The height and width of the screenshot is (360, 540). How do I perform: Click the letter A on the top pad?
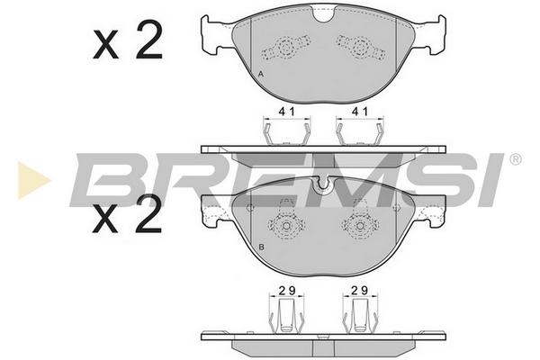[x=261, y=74]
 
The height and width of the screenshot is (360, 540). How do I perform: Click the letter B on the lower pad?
[x=261, y=247]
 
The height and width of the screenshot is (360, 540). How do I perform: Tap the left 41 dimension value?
[x=286, y=112]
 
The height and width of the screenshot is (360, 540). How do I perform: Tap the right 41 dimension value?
[x=360, y=112]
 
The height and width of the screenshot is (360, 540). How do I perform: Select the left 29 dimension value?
[x=287, y=291]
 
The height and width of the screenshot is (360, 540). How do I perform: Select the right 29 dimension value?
[x=360, y=291]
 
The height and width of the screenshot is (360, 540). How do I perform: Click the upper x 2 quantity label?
[x=128, y=40]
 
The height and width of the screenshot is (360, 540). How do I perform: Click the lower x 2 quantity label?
[x=128, y=213]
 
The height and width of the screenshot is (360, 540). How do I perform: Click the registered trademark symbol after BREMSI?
[x=515, y=159]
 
